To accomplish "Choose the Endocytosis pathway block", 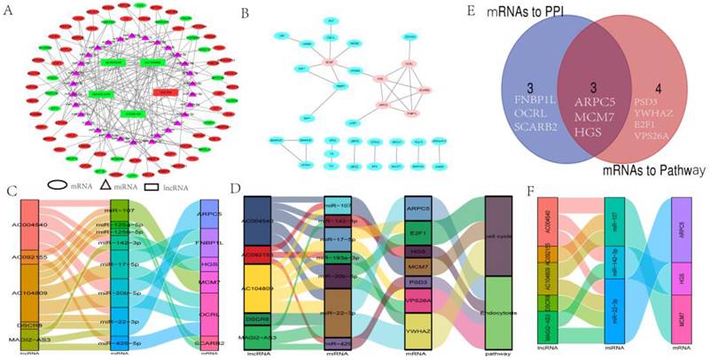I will click(503, 312).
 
